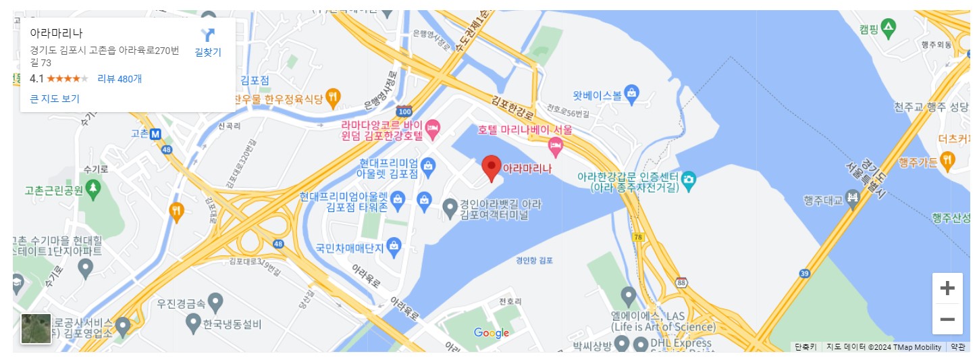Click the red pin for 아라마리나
point(492,167)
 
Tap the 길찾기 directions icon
point(208,35)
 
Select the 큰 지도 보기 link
point(55,99)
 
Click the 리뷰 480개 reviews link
point(120,78)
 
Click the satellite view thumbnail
point(36,329)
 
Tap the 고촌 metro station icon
point(155,134)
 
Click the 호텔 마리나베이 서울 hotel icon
point(555,144)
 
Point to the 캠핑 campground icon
point(889,28)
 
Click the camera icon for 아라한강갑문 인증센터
point(688,179)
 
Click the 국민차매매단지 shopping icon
point(394,247)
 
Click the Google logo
point(492,333)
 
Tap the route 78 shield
point(638,237)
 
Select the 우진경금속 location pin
point(215,301)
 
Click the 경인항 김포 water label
point(534,260)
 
